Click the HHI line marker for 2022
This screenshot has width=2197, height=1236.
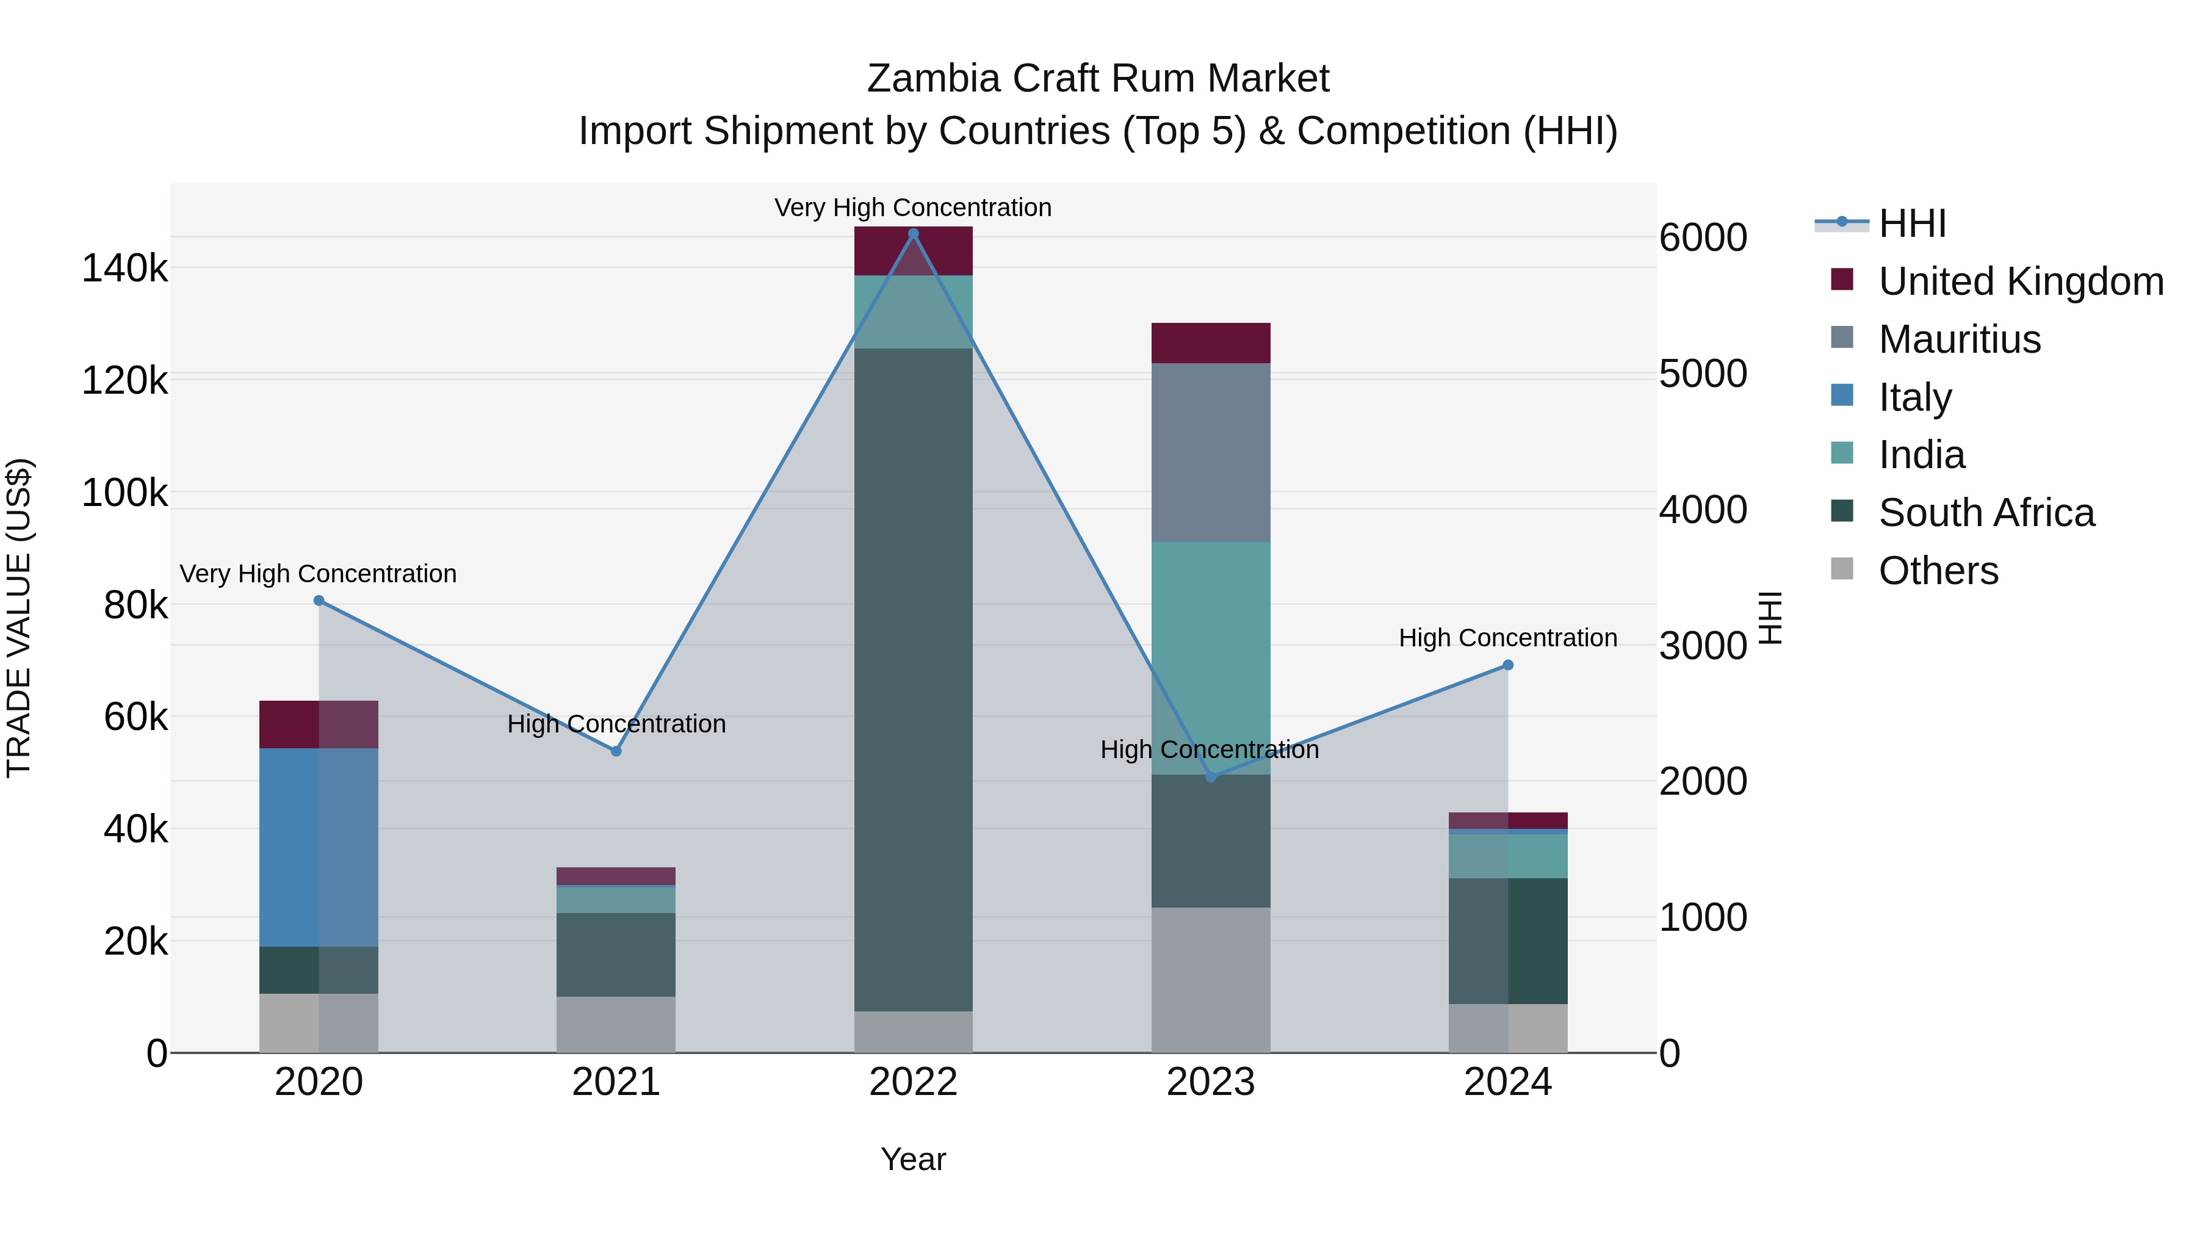pos(914,234)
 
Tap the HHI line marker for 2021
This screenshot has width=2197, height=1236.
pos(616,751)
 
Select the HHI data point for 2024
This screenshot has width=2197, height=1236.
pos(1508,665)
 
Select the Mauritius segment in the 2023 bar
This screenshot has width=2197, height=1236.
pos(1210,452)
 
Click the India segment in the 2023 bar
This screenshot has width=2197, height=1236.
pos(1210,657)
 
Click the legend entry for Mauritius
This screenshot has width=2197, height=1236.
pos(1960,339)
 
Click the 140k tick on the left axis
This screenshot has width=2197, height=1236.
pos(124,269)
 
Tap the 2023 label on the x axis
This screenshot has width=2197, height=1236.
pos(1210,1082)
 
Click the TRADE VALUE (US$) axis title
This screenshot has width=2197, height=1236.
pos(19,618)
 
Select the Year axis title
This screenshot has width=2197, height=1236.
pos(914,1159)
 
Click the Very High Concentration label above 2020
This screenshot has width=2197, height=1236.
pos(318,574)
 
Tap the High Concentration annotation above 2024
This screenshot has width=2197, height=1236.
pos(1508,638)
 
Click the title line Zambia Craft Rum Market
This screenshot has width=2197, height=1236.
pos(1098,79)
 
